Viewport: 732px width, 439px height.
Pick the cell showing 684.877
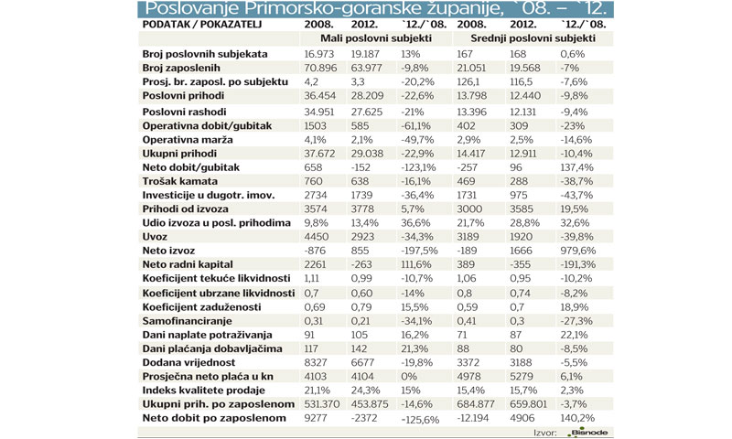click(479, 402)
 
